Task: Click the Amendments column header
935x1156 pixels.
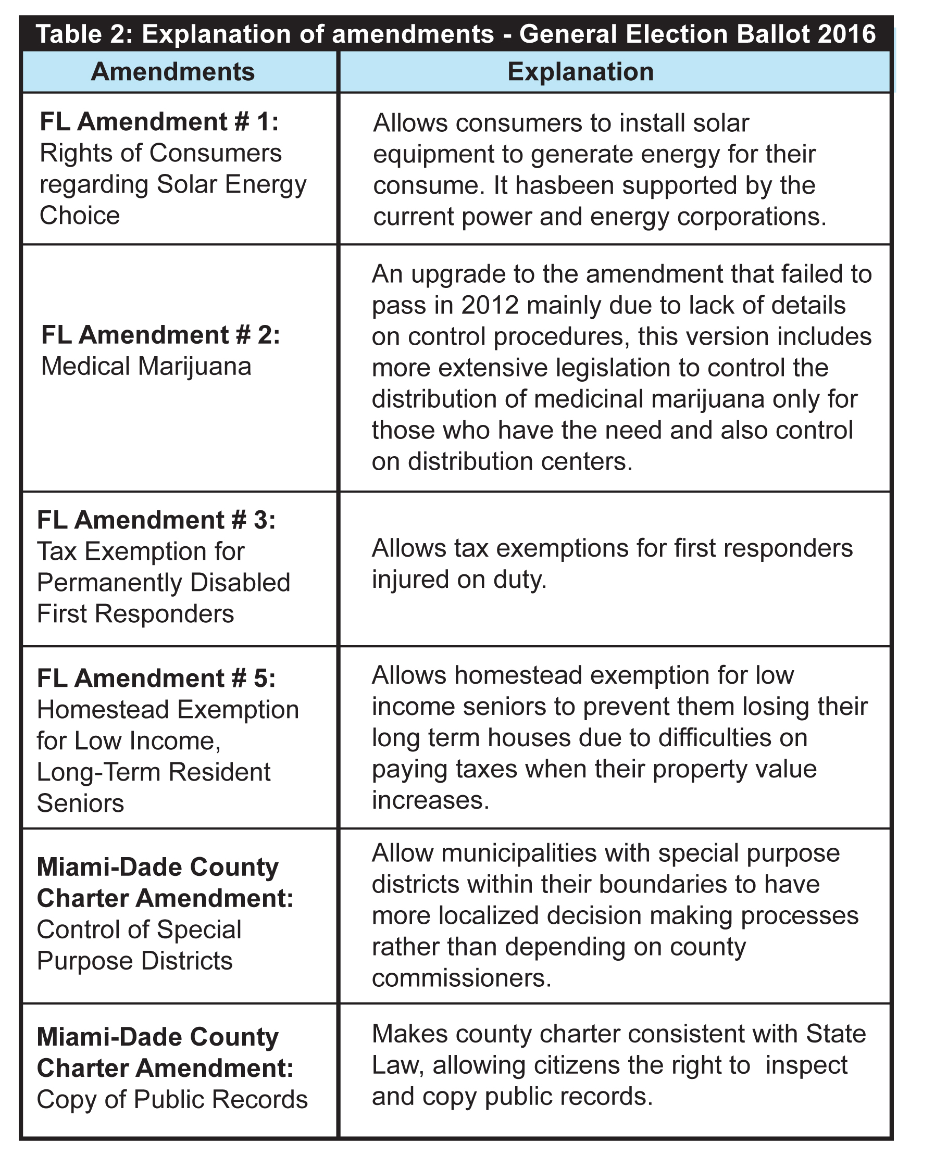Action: point(172,72)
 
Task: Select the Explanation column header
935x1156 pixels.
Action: point(580,72)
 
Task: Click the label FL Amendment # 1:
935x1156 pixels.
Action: point(159,122)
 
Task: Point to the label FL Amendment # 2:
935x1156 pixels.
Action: point(160,335)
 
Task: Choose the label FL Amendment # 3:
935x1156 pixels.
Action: point(156,520)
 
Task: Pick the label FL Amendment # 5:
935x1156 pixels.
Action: point(156,678)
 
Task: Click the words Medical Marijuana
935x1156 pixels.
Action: point(146,367)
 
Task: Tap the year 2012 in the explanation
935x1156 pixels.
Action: point(490,305)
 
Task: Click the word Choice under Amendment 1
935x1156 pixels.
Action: point(80,216)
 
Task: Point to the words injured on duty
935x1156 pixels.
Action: point(459,580)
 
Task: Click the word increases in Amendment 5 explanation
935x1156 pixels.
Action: point(430,800)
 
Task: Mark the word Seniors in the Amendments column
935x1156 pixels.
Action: point(80,803)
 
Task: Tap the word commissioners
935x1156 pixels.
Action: point(461,978)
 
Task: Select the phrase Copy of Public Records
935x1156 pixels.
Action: point(172,1099)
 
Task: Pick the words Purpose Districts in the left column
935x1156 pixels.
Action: point(134,961)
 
